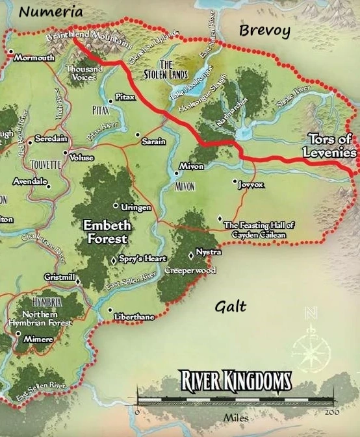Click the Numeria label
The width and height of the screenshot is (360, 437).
click(51, 12)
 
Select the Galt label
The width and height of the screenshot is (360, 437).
click(230, 306)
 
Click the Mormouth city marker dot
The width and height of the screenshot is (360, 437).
click(11, 51)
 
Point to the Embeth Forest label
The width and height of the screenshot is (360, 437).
click(107, 232)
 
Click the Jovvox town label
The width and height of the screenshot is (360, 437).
click(251, 184)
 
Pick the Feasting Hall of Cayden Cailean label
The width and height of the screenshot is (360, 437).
click(259, 229)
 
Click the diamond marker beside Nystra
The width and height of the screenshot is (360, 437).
click(190, 254)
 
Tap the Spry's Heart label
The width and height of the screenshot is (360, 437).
click(142, 258)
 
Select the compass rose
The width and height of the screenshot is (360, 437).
click(311, 351)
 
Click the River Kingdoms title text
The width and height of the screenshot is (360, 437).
click(235, 381)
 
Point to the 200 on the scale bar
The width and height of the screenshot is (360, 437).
click(331, 411)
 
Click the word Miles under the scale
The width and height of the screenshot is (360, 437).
click(236, 419)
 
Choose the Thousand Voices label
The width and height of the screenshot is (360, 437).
click(84, 73)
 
